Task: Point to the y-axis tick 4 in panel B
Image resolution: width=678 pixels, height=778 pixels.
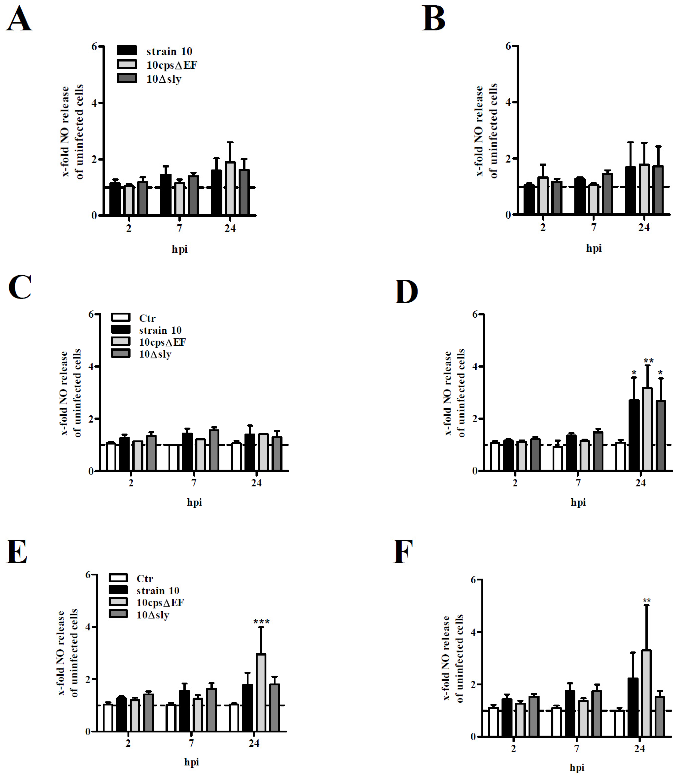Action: (x=508, y=102)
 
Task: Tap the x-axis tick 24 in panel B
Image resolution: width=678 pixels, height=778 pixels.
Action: (x=644, y=227)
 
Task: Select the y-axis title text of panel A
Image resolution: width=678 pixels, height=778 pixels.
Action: (x=73, y=131)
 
